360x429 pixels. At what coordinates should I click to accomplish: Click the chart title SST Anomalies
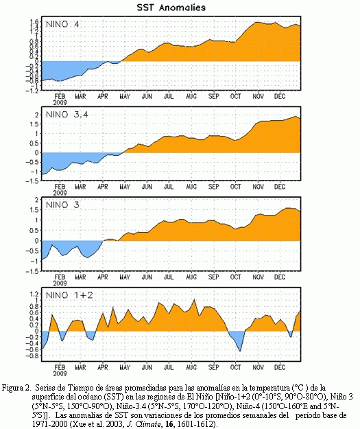point(171,8)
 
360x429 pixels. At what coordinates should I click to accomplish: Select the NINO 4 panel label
point(62,24)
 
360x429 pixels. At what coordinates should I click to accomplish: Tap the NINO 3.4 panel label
point(67,115)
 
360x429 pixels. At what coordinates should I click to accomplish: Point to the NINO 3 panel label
point(62,205)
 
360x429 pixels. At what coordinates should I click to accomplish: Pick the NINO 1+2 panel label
point(69,295)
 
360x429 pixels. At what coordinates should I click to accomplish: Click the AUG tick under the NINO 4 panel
point(191,96)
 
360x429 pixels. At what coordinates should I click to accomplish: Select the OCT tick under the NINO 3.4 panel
point(235,187)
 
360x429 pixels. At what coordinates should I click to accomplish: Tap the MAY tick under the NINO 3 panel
point(125,277)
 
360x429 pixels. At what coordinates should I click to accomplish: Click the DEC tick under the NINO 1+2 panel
point(280,367)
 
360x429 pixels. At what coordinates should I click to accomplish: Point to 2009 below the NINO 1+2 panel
point(60,373)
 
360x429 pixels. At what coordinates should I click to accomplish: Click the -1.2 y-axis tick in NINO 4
point(32,90)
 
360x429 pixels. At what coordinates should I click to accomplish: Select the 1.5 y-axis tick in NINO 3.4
point(34,124)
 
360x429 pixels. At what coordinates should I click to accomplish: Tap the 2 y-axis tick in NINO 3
point(37,200)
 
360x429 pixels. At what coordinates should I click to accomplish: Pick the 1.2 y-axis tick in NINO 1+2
point(34,294)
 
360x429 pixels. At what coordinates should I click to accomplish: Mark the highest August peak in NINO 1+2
point(194,300)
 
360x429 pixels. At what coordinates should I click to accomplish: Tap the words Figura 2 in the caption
point(15,388)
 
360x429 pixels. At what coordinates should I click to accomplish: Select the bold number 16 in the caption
point(169,424)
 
